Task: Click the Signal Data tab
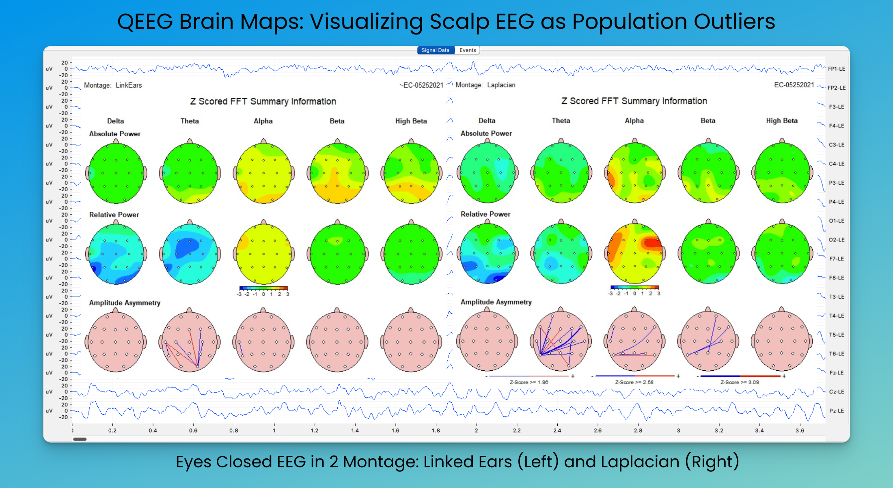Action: (435, 50)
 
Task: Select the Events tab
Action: (468, 50)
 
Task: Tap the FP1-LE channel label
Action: (836, 69)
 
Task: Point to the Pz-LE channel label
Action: (836, 411)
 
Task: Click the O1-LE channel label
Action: (836, 221)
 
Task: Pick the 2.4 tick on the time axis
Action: (557, 430)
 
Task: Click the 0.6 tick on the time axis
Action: (193, 430)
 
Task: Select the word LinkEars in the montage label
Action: (129, 85)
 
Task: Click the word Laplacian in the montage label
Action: (501, 85)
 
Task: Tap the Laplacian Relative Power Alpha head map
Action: (635, 254)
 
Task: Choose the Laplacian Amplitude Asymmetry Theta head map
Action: (561, 341)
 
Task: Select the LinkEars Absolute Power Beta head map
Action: (337, 173)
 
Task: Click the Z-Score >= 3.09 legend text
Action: (740, 382)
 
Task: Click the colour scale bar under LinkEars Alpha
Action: (263, 288)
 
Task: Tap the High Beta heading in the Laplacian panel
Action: (781, 120)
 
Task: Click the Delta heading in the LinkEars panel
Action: (115, 121)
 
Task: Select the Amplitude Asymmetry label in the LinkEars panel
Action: (125, 303)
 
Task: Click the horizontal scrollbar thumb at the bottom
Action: (80, 439)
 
